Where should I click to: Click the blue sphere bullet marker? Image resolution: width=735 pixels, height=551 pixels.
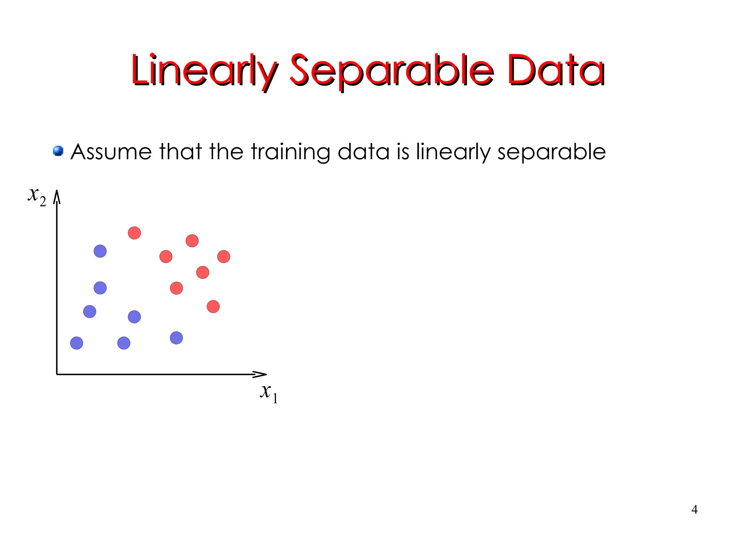(x=58, y=151)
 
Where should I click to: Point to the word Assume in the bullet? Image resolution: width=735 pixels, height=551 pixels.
(x=111, y=151)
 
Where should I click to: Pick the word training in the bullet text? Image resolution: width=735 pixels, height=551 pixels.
(x=290, y=152)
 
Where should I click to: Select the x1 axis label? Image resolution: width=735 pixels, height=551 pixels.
(x=269, y=392)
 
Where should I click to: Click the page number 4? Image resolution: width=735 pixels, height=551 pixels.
(x=694, y=509)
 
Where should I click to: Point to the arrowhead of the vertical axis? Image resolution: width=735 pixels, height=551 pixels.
(x=57, y=197)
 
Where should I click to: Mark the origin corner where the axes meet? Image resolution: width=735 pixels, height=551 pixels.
(x=57, y=374)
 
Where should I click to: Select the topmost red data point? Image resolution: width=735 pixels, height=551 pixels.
(x=134, y=233)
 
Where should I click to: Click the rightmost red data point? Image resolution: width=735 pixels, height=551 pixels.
(x=224, y=257)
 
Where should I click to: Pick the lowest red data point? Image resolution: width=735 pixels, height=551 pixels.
(x=213, y=307)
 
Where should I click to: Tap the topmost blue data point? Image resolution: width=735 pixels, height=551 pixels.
(x=100, y=251)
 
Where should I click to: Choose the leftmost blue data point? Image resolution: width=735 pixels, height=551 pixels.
(x=76, y=343)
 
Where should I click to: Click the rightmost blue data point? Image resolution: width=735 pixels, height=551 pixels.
(x=176, y=338)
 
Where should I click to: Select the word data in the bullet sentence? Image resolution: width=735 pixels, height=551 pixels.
(x=363, y=151)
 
